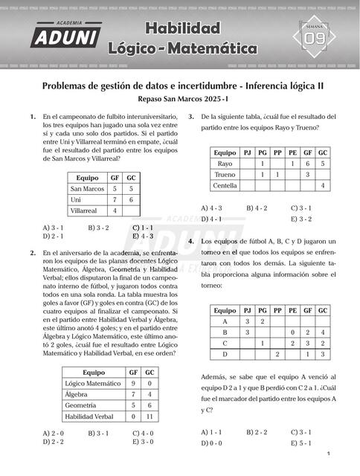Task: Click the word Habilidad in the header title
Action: click(183, 29)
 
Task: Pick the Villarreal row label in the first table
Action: click(86, 211)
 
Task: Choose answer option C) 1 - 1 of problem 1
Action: click(142, 226)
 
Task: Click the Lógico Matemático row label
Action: click(91, 383)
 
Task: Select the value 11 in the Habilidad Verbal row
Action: click(150, 416)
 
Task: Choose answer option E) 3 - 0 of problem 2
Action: click(142, 441)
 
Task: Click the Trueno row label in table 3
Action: click(225, 174)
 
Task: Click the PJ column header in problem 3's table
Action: click(248, 152)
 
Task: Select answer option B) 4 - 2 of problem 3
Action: click(257, 208)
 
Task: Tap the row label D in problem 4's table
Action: click(225, 355)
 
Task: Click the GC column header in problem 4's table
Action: click(323, 310)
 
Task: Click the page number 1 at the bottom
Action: click(328, 454)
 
